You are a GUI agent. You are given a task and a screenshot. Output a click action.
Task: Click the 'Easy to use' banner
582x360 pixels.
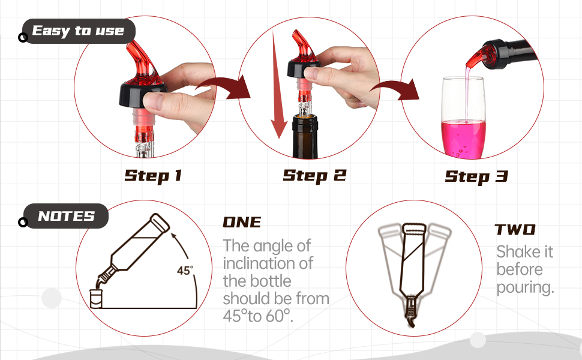tap(78, 31)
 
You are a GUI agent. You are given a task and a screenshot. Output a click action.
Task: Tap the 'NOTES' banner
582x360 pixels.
tap(66, 216)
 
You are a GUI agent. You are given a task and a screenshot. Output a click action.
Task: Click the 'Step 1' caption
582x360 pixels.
tap(153, 176)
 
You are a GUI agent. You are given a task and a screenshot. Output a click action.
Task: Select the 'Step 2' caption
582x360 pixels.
tap(314, 175)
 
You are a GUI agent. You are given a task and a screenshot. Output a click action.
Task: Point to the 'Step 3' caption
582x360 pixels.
tap(476, 176)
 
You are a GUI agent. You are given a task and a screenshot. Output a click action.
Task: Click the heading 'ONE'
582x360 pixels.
tap(242, 222)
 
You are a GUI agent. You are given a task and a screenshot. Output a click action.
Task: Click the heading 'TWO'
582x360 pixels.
tap(515, 230)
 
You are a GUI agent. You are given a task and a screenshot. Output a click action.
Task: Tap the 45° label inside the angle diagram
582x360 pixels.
tap(185, 271)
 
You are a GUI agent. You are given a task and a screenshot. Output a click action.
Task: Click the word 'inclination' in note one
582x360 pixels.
tap(268, 263)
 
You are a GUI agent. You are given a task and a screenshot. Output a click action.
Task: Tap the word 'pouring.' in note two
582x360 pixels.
tap(524, 287)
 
